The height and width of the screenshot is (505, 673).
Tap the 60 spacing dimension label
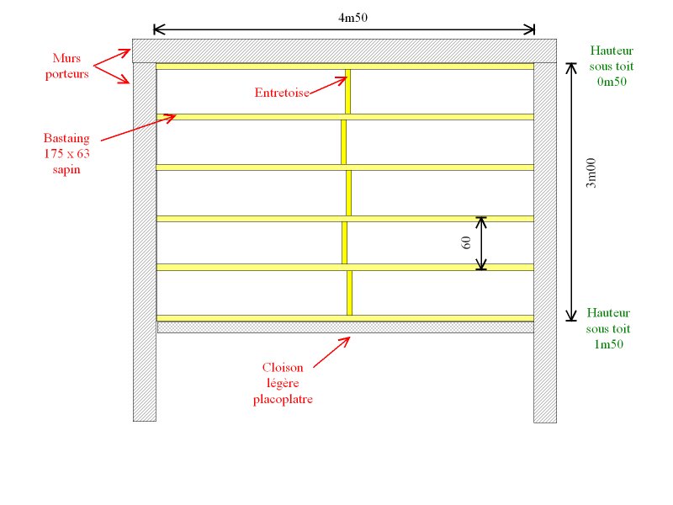click(465, 243)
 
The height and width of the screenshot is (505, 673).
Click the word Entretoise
click(282, 93)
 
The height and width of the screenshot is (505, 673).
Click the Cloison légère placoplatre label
click(283, 383)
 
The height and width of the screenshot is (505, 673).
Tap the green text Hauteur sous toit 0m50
click(611, 66)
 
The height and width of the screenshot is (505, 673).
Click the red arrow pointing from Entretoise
click(328, 85)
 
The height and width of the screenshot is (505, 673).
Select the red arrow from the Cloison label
click(331, 352)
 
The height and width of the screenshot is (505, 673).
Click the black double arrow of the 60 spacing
click(481, 243)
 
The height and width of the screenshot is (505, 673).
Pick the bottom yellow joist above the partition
click(252, 318)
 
